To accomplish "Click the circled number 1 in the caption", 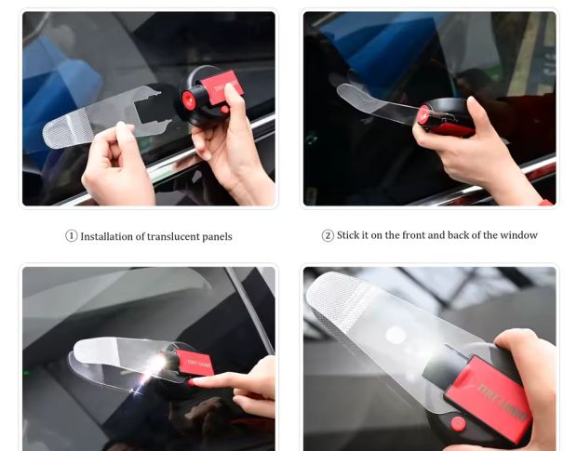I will [72, 236].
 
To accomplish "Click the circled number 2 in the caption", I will [328, 236].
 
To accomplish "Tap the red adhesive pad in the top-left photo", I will [224, 86].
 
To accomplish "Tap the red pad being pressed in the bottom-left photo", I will [197, 363].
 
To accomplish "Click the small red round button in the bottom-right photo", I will [457, 423].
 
